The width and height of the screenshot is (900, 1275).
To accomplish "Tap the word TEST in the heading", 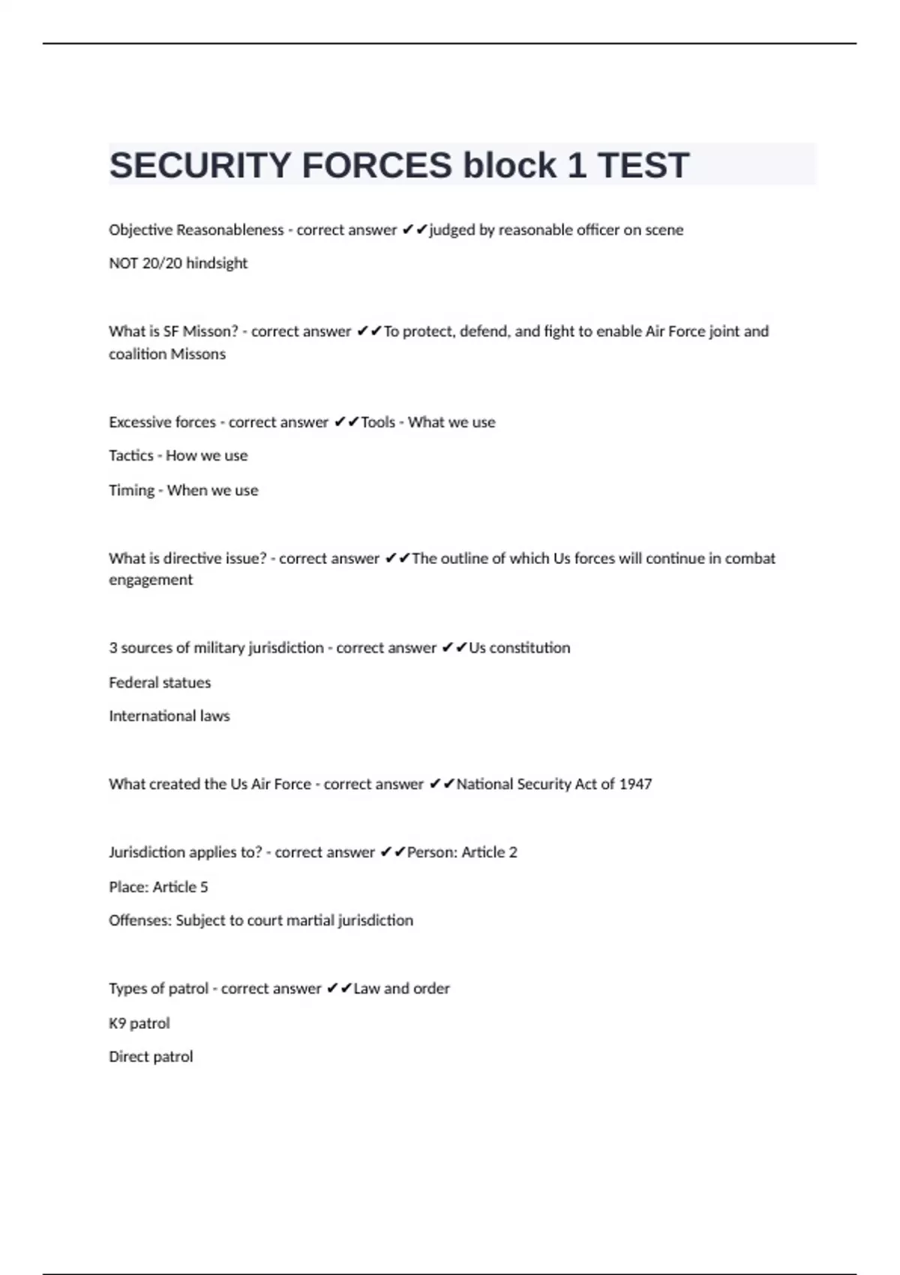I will (x=643, y=166).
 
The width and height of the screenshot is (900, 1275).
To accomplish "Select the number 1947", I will (x=636, y=784).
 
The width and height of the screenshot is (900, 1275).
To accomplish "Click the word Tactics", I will (x=130, y=456).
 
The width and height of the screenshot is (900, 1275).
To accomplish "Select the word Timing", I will (x=131, y=490).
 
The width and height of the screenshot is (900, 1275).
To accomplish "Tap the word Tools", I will (x=378, y=422).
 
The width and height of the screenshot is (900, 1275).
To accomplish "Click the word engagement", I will (x=151, y=580).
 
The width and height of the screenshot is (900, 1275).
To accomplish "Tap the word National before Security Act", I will (x=484, y=784).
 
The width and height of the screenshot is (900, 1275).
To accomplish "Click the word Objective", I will (x=140, y=230).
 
